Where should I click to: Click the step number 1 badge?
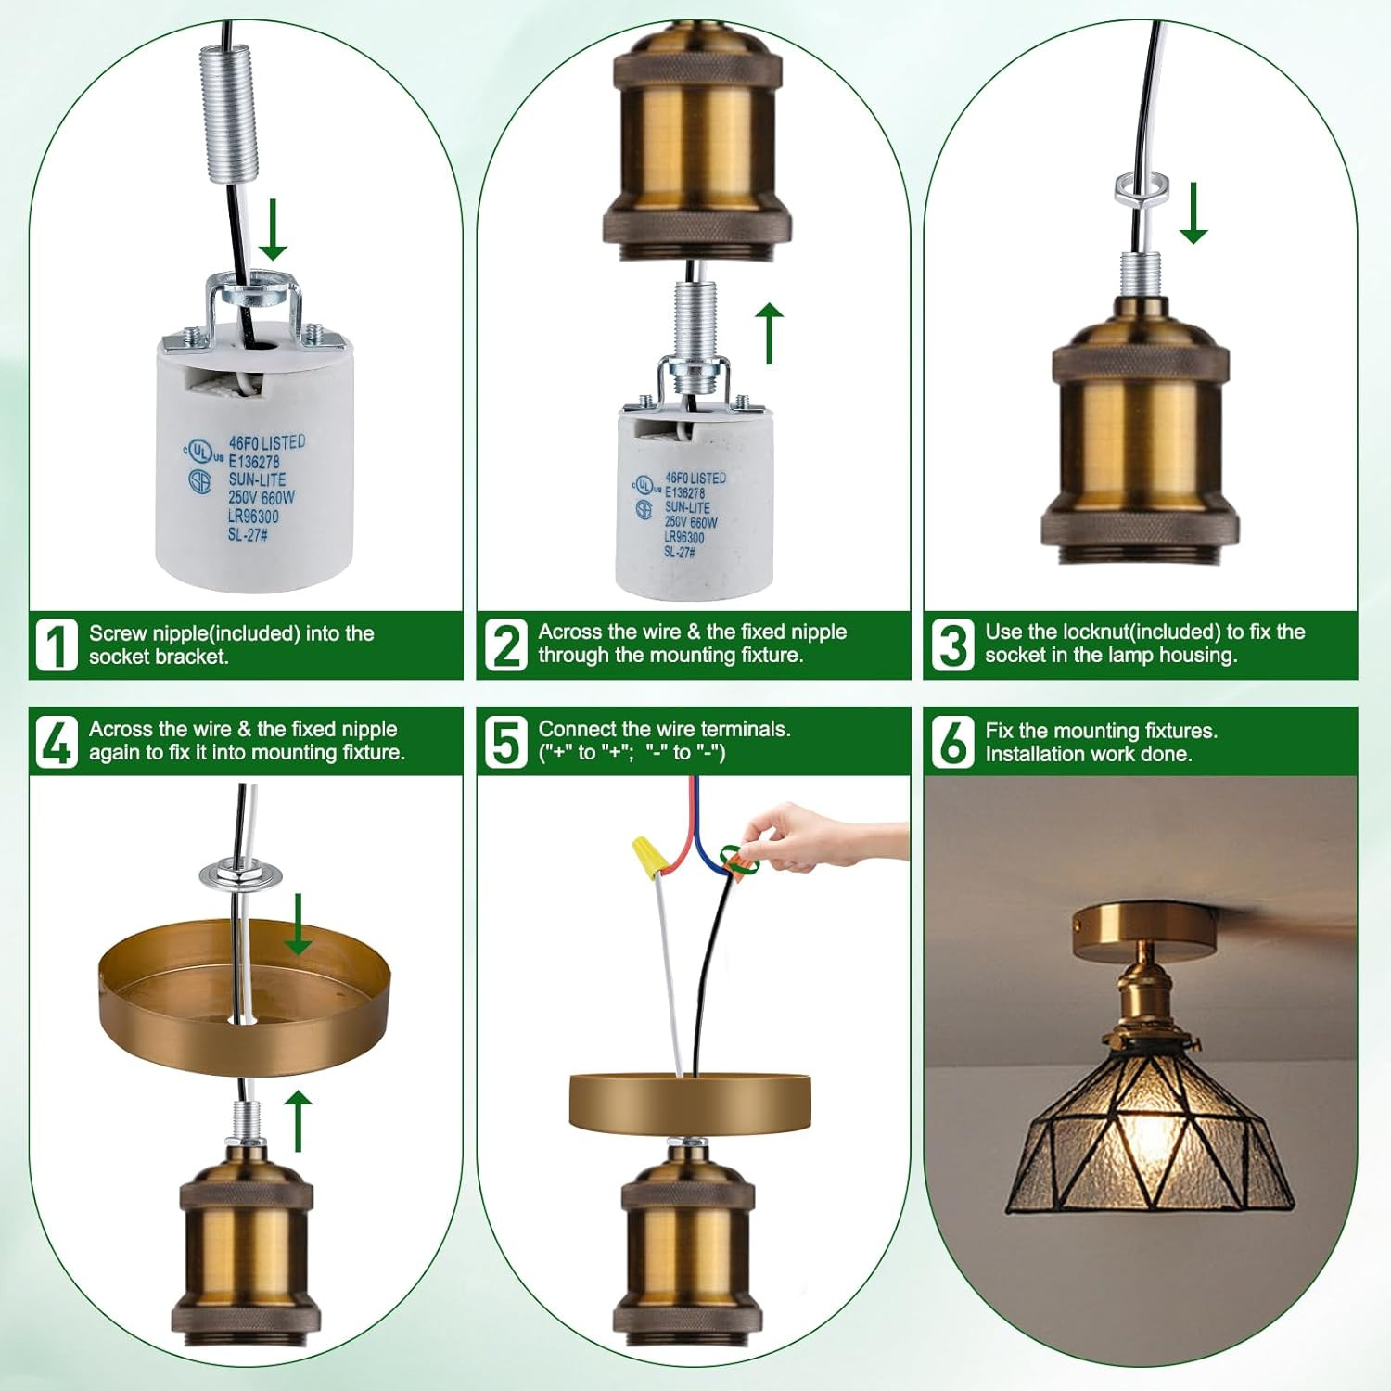(56, 644)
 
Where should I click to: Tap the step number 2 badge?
(505, 644)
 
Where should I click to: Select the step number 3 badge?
(952, 644)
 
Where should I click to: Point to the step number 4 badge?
(56, 742)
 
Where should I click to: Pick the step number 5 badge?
(505, 742)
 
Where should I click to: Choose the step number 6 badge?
(952, 742)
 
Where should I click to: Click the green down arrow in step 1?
(273, 229)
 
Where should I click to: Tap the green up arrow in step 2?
(769, 332)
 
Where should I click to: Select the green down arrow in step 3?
(1193, 212)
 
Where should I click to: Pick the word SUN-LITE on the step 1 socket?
(257, 479)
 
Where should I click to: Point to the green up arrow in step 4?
(297, 1121)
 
